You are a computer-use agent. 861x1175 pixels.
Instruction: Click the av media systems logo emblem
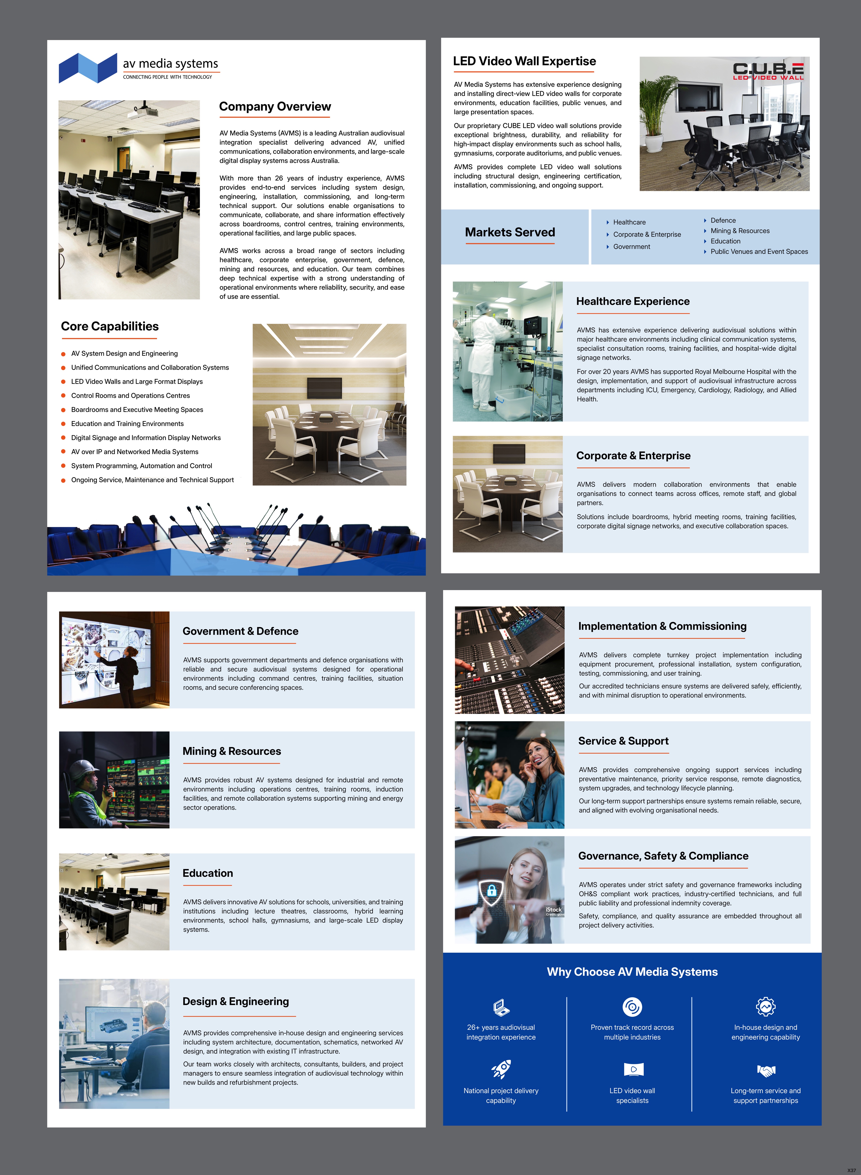[88, 68]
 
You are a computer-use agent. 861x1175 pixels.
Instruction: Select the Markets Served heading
[510, 232]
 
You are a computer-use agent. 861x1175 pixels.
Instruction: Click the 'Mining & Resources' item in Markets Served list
[739, 231]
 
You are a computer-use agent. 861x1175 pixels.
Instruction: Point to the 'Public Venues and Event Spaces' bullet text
[759, 252]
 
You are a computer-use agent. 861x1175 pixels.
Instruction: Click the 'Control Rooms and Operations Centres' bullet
[130, 396]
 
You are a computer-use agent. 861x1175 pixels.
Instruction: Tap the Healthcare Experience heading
[633, 301]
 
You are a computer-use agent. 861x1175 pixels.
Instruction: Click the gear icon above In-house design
[766, 1007]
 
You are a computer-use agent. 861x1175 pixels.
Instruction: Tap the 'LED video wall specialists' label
[632, 1095]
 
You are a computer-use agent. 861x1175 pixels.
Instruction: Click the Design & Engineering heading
[236, 1002]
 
